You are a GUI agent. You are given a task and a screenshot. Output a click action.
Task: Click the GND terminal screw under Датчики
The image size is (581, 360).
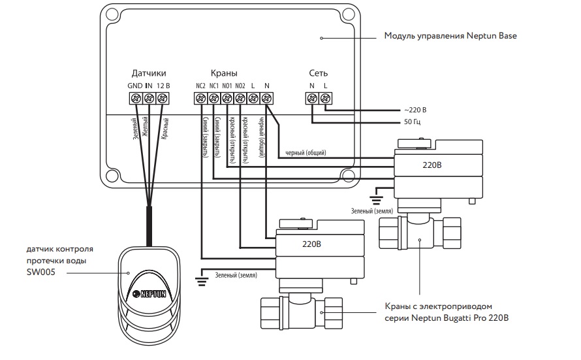pyautogui.click(x=136, y=98)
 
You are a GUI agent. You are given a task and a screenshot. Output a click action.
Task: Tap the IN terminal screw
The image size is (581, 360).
pyautogui.click(x=149, y=98)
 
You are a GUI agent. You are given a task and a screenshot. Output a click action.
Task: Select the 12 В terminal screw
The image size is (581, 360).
pyautogui.click(x=163, y=98)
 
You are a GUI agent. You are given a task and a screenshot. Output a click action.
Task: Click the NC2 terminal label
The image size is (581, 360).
pyautogui.click(x=200, y=86)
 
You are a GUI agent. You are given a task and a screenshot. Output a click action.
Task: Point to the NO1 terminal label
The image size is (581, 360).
pyautogui.click(x=227, y=86)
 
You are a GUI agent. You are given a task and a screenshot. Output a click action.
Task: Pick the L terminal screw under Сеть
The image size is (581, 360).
pyautogui.click(x=325, y=98)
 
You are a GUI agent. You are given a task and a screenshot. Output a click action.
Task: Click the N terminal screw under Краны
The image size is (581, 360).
pyautogui.click(x=266, y=98)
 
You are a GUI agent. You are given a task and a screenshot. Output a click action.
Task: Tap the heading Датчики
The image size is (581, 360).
pyautogui.click(x=149, y=73)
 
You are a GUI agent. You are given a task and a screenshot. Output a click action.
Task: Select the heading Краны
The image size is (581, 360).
pyautogui.click(x=224, y=73)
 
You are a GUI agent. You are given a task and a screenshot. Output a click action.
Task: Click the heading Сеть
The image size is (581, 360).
pyautogui.click(x=319, y=73)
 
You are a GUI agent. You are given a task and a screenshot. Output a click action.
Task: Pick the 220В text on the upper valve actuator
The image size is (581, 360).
pyautogui.click(x=432, y=165)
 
